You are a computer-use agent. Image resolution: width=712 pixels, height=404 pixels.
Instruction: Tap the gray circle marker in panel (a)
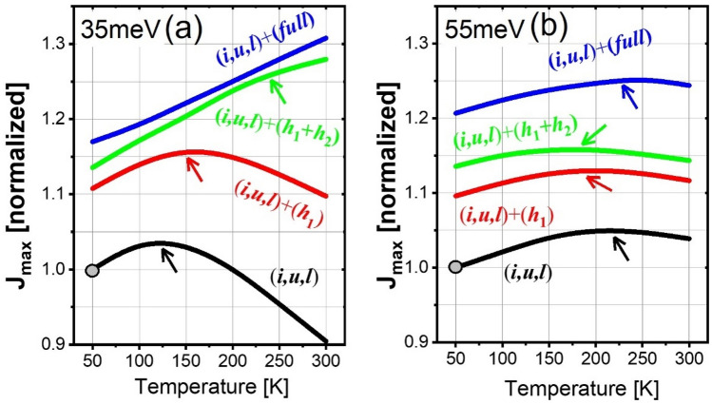tap(92, 270)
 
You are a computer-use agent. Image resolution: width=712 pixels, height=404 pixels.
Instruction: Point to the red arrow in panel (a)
tap(194, 169)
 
